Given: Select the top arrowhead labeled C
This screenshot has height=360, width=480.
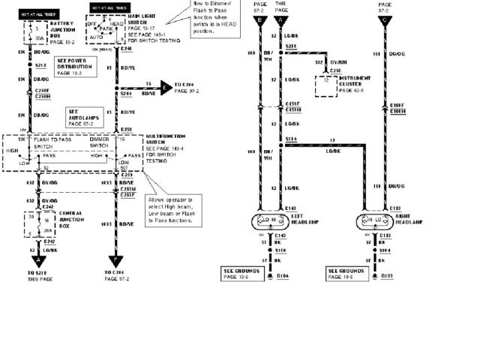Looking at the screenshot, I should [x=385, y=20].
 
